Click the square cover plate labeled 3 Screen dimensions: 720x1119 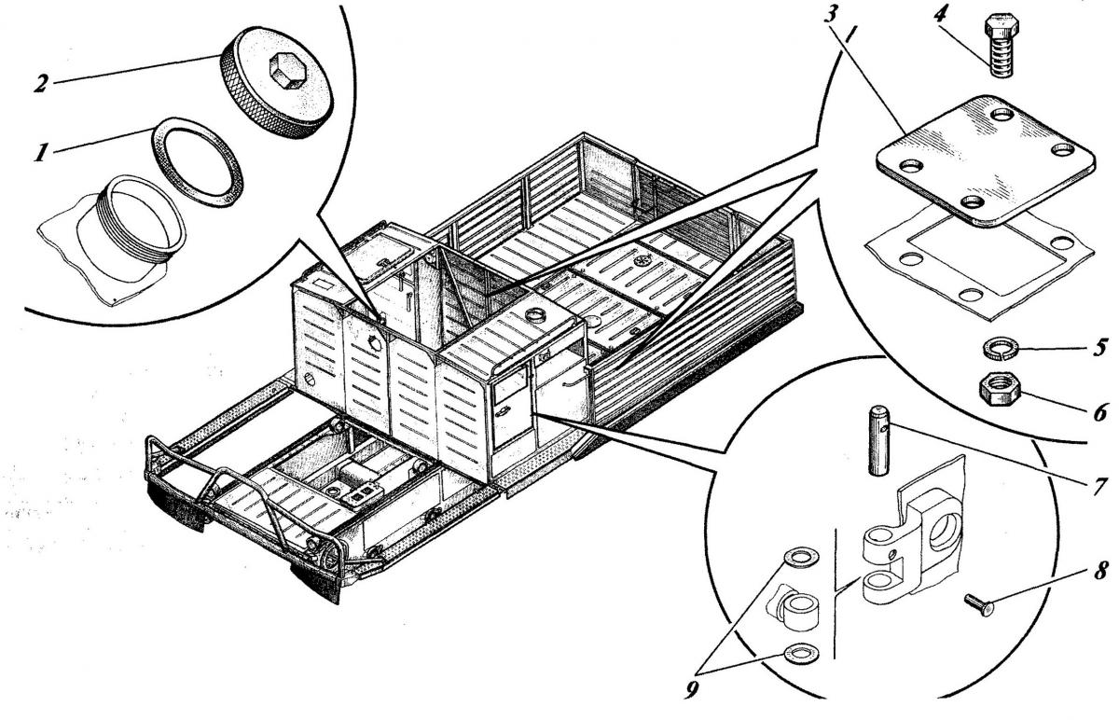tap(970, 164)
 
